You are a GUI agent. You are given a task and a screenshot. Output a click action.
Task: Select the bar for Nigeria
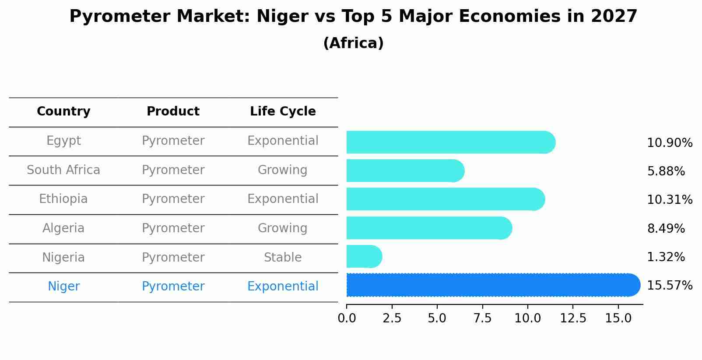(364, 257)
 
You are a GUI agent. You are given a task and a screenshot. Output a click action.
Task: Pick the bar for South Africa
(405, 171)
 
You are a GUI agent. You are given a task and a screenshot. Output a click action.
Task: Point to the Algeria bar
(428, 228)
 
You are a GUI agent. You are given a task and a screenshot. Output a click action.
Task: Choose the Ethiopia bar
(445, 199)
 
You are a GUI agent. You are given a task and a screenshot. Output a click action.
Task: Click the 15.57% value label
(669, 286)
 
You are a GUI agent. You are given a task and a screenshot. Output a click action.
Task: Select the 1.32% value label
(665, 257)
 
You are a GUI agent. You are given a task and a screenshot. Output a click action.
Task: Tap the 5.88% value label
(665, 171)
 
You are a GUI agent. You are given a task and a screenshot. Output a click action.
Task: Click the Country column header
(63, 112)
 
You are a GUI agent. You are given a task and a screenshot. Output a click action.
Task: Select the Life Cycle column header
(283, 112)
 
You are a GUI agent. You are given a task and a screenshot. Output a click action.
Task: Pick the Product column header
(173, 112)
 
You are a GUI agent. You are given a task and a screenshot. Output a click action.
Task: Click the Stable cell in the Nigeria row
(283, 258)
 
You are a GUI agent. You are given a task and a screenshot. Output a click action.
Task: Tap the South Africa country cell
(63, 170)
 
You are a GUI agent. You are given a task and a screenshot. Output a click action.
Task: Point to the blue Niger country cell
(63, 287)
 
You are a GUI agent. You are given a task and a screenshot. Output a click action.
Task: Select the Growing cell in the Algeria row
(283, 228)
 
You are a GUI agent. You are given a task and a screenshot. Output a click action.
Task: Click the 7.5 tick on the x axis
(482, 318)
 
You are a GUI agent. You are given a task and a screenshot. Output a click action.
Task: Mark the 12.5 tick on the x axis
(573, 318)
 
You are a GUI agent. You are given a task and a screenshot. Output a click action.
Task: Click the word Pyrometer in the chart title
(116, 17)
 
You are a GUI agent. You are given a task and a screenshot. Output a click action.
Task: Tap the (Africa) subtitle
(353, 43)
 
